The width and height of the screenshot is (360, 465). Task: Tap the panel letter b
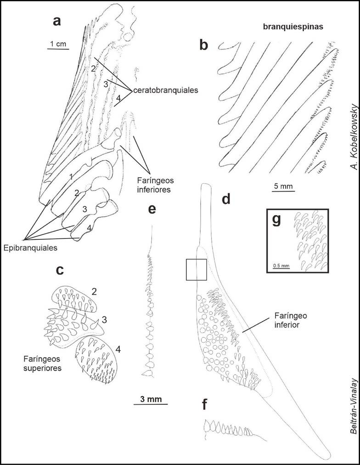click(x=204, y=45)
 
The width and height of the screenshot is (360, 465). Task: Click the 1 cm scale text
click(x=58, y=44)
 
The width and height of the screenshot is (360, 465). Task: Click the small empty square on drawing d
click(x=195, y=269)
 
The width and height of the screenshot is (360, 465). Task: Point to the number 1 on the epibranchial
click(x=70, y=176)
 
